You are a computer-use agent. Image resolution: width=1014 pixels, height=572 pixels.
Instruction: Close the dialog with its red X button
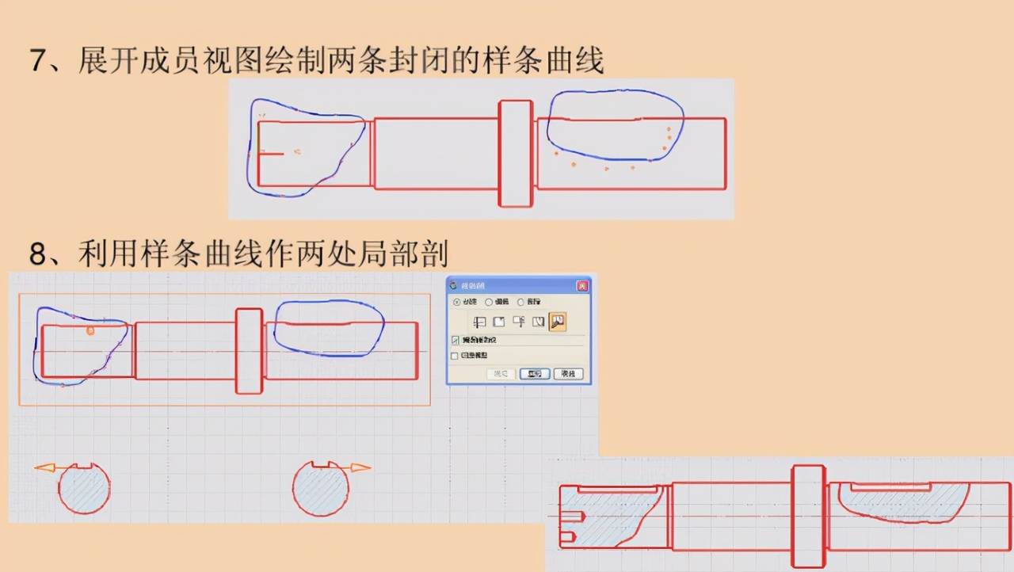[582, 285]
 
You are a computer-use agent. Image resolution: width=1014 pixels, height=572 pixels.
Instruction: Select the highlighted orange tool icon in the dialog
[558, 322]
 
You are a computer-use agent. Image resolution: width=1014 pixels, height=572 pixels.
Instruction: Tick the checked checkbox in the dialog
[455, 340]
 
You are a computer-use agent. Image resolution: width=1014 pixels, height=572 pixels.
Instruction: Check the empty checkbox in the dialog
[455, 357]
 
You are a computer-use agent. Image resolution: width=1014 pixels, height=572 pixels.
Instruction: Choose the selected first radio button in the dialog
[456, 302]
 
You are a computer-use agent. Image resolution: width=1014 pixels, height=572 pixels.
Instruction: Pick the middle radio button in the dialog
[489, 302]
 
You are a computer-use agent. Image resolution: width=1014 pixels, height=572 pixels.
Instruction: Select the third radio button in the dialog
[520, 302]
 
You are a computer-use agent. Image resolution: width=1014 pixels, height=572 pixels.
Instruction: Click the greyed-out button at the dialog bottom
[501, 374]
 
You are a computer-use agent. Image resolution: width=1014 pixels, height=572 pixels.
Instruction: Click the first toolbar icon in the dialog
[479, 322]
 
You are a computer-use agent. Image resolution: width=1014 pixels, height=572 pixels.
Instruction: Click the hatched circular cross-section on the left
[84, 490]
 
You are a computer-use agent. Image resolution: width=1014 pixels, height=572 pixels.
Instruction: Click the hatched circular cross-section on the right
[320, 490]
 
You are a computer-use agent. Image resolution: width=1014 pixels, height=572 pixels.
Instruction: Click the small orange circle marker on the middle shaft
[90, 330]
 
